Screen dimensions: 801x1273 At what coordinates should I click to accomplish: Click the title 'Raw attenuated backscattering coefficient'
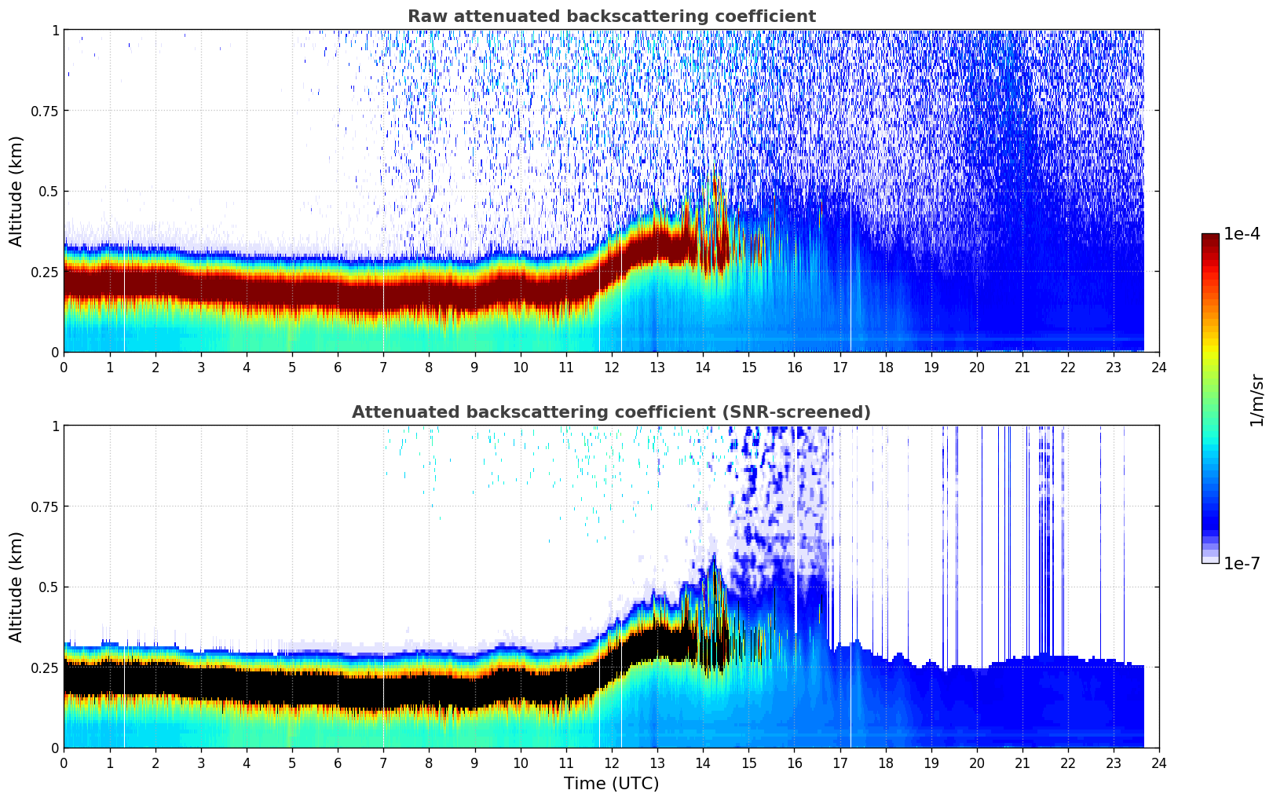(611, 16)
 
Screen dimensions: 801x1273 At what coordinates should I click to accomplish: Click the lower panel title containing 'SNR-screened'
(611, 412)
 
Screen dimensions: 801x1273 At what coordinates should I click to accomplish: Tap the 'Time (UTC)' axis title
(611, 784)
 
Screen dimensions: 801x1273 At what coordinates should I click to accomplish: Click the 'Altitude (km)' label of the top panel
(16, 191)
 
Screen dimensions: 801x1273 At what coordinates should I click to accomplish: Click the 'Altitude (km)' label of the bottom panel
(16, 587)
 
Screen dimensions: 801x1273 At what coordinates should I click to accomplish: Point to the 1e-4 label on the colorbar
(1242, 234)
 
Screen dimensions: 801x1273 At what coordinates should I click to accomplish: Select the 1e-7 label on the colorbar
(1242, 563)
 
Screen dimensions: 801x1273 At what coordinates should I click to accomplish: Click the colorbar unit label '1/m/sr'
(1257, 400)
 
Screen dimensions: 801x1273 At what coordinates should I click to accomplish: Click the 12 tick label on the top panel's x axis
(612, 367)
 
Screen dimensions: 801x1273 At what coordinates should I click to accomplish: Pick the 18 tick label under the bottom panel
(885, 763)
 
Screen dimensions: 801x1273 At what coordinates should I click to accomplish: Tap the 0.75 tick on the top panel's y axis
(44, 111)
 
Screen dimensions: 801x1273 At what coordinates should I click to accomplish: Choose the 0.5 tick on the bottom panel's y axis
(49, 587)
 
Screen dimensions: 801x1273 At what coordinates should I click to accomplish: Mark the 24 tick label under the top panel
(1159, 367)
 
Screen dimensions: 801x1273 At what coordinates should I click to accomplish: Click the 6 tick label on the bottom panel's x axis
(338, 763)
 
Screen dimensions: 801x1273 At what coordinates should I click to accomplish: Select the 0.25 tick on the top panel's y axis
(44, 272)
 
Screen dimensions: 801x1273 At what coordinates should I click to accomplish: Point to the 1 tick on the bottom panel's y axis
(55, 426)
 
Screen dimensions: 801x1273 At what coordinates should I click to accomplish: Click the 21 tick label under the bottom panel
(1022, 763)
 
